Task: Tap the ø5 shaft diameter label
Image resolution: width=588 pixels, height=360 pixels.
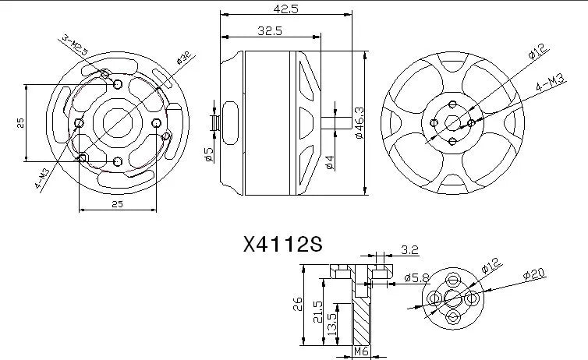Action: click(x=210, y=155)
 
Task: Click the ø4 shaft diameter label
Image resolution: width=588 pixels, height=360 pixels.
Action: click(x=330, y=161)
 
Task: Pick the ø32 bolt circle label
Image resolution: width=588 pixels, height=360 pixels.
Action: click(x=184, y=58)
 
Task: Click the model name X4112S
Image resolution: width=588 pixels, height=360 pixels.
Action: click(x=282, y=245)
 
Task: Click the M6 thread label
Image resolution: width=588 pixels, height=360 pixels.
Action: click(x=361, y=352)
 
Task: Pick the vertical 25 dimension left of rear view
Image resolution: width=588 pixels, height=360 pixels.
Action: click(x=22, y=122)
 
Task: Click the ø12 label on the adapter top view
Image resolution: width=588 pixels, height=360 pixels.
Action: click(x=491, y=267)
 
